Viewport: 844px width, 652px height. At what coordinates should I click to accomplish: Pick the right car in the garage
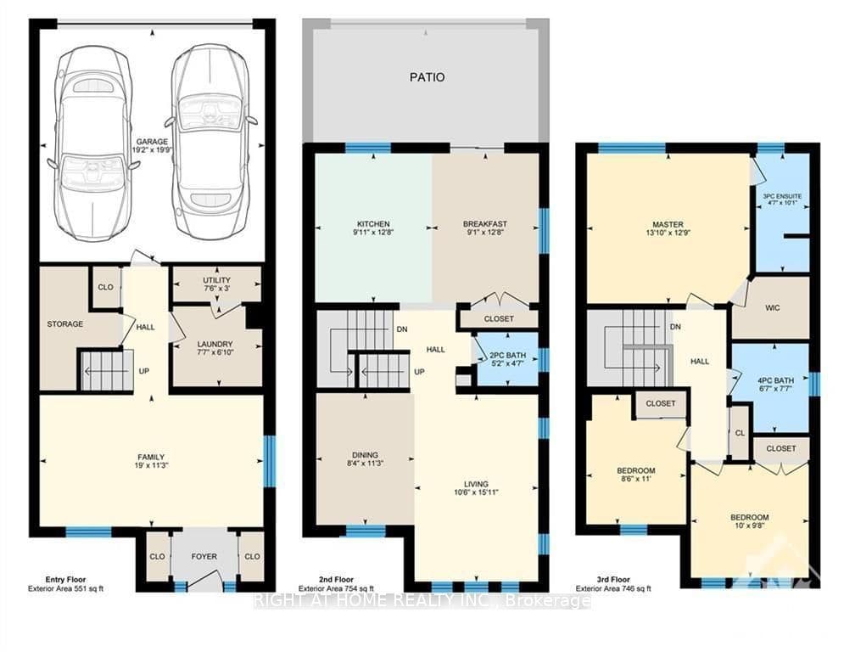(211, 140)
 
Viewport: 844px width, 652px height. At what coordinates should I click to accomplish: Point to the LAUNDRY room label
(216, 345)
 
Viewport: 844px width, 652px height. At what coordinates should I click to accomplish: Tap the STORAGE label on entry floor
(64, 323)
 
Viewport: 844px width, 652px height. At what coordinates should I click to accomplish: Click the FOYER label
(204, 557)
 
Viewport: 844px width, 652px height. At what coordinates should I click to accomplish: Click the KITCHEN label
(372, 224)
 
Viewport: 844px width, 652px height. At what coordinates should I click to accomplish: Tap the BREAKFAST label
(484, 224)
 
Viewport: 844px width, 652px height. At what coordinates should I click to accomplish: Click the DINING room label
(365, 455)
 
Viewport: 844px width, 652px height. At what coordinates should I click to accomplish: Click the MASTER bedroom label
(668, 224)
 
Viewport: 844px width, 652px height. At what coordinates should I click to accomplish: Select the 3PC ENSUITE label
(782, 196)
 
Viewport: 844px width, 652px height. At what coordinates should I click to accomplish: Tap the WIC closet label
(770, 308)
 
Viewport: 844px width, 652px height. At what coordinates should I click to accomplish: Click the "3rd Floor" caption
(593, 577)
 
